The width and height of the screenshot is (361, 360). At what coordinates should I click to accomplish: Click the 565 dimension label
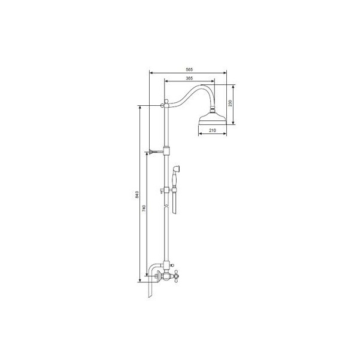pyautogui.click(x=189, y=69)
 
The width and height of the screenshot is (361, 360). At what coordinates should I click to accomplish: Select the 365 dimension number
pyautogui.click(x=189, y=78)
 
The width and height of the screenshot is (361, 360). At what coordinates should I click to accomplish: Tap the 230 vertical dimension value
pyautogui.click(x=230, y=103)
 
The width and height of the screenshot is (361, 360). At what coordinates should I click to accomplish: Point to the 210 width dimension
pyautogui.click(x=213, y=130)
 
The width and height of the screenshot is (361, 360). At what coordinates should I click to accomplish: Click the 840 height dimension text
pyautogui.click(x=137, y=194)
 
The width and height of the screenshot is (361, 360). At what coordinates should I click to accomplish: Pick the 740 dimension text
pyautogui.click(x=144, y=208)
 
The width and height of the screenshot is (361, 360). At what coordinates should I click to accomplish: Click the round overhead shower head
pyautogui.click(x=213, y=118)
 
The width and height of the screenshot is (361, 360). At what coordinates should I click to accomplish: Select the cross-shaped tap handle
pyautogui.click(x=176, y=276)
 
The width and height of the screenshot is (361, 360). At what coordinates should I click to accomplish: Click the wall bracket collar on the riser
pyautogui.click(x=166, y=151)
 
